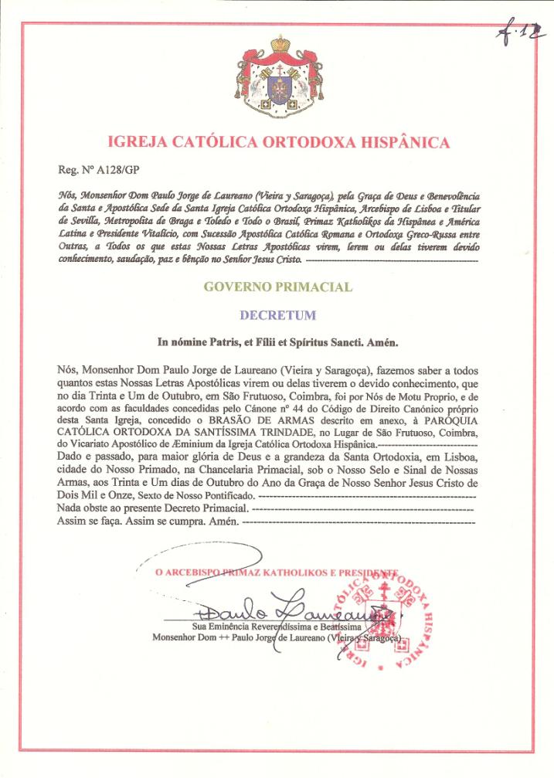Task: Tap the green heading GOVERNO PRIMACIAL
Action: tap(277, 287)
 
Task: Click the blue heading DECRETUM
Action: tap(277, 315)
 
